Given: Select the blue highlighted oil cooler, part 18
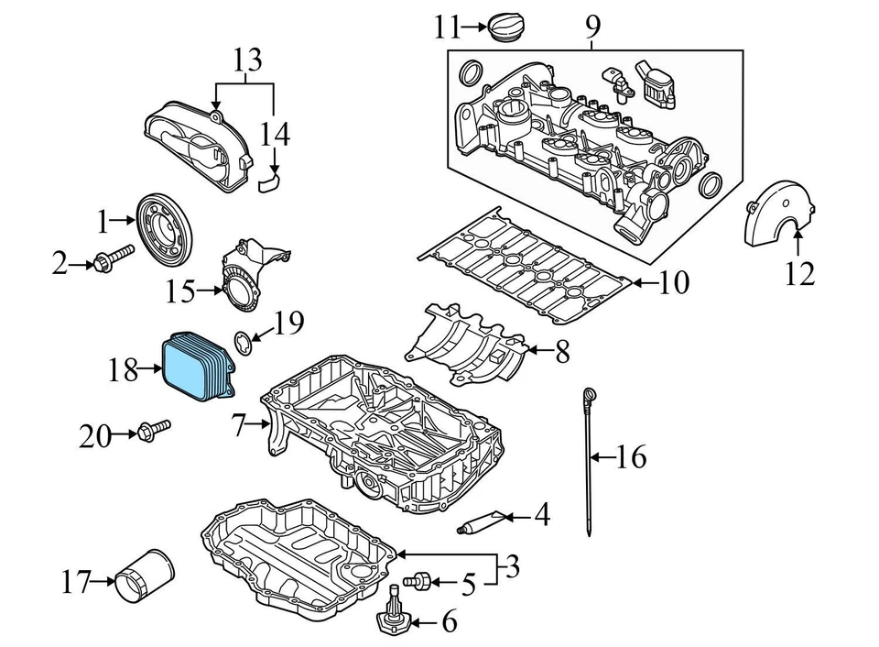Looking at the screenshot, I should pos(195,367).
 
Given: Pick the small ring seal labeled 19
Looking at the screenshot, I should pos(243,344).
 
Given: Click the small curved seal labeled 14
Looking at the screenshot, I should pos(267,184).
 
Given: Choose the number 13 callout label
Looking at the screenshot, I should pos(246,61).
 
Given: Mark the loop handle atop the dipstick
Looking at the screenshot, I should pos(587,394).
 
